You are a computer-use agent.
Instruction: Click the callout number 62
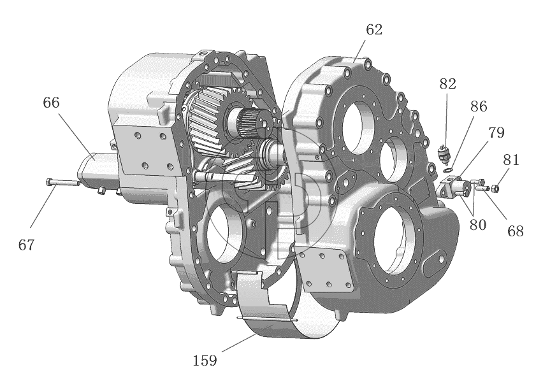374,30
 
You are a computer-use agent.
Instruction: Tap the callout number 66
51,103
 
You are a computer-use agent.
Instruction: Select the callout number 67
27,245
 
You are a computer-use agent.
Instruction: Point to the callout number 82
448,84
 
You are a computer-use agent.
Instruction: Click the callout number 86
479,106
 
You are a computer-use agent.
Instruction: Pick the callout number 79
496,132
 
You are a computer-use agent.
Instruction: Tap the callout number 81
511,160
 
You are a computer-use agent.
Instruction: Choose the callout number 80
478,225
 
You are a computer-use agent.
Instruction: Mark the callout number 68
516,231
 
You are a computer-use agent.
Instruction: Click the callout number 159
205,361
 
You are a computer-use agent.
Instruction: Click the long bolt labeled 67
62,182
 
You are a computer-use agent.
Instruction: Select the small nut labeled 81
495,189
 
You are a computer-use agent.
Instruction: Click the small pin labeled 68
482,189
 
